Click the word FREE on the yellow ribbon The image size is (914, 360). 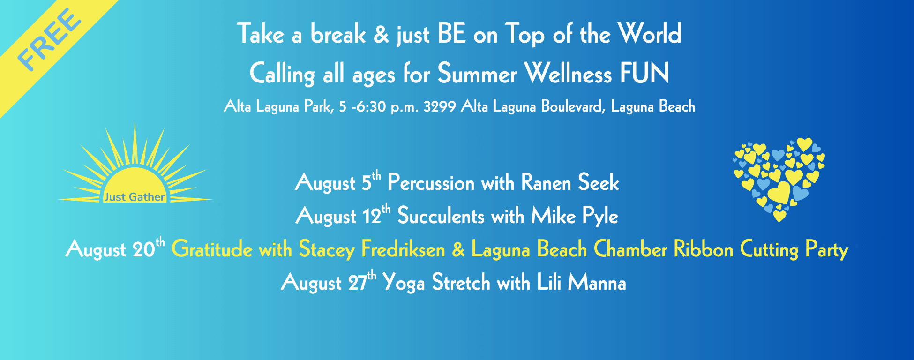point(49,41)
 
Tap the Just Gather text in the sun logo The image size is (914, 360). point(135,197)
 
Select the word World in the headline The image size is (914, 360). point(650,34)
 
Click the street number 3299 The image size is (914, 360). point(440,107)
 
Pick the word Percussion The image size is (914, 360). point(431,182)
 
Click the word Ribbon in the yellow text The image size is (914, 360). point(704,249)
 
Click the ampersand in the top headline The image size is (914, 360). point(381,34)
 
